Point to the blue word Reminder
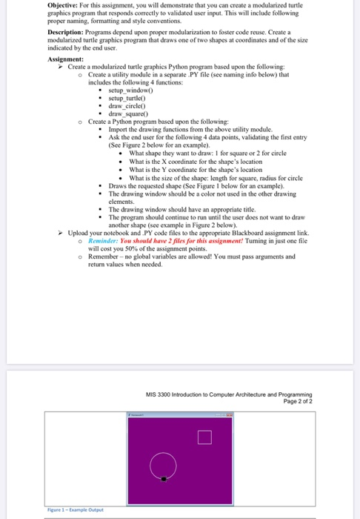(104, 240)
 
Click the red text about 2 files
(167, 240)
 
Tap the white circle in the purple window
(164, 466)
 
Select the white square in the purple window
(206, 437)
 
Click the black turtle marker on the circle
(164, 480)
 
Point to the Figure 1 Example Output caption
(74, 511)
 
